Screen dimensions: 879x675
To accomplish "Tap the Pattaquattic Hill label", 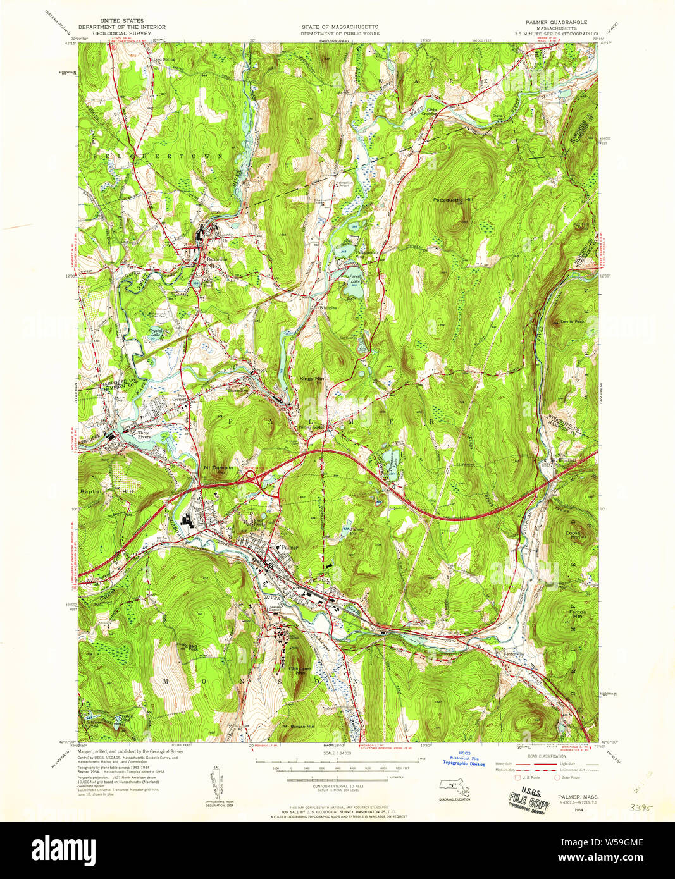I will click(x=453, y=200).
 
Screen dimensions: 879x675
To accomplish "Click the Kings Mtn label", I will click(x=311, y=379).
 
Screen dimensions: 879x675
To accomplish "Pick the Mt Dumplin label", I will click(x=218, y=467).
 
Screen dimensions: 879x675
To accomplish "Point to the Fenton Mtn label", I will click(x=577, y=613).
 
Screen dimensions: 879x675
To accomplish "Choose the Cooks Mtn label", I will click(x=573, y=535).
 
